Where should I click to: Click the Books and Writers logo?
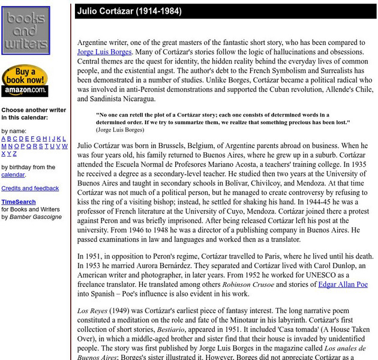tap(26, 31)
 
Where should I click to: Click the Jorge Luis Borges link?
tap(104, 52)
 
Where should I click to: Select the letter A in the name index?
tap(4, 139)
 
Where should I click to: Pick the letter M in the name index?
tap(4, 146)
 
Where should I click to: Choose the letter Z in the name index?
tap(16, 154)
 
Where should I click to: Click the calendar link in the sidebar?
tap(13, 175)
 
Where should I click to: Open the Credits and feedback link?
tap(30, 188)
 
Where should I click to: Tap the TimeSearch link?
tap(18, 202)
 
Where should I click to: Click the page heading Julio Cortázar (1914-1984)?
tap(130, 11)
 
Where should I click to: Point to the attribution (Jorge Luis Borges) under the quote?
tap(119, 130)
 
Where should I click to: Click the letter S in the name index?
tap(40, 146)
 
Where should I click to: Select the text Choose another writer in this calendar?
tap(33, 114)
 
